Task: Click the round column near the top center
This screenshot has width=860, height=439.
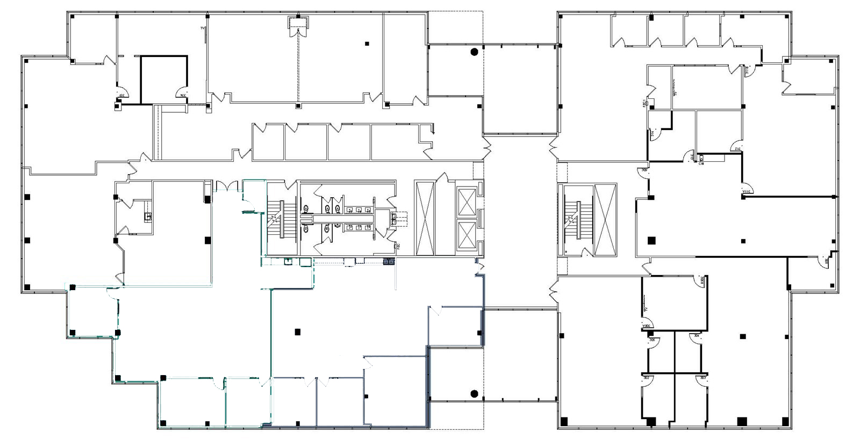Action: point(474,52)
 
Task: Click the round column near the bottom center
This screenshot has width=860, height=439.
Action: point(474,394)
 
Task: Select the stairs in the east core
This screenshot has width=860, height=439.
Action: point(576,219)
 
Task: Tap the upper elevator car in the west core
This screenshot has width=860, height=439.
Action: point(467,201)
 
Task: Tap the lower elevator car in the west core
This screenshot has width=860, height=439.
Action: point(467,235)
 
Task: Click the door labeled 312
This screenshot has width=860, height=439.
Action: point(737,147)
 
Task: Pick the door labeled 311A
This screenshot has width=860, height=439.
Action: point(747,188)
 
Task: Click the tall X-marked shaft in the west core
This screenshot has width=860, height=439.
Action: point(425,218)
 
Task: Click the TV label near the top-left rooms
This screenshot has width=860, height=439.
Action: point(203,28)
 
